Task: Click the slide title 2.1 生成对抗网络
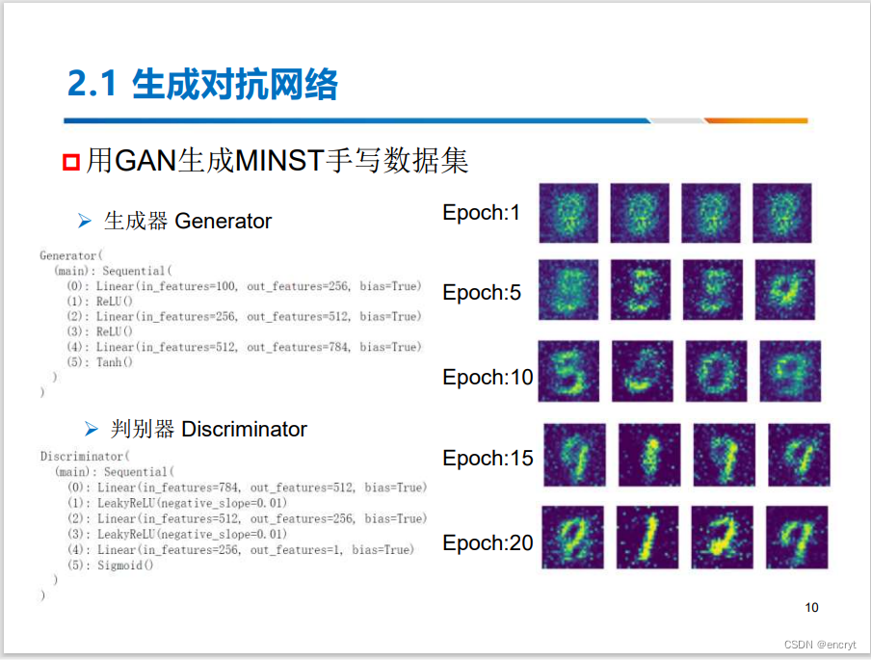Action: tap(202, 85)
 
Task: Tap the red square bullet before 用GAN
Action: tap(70, 161)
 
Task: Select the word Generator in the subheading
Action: tap(223, 222)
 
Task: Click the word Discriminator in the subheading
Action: tap(244, 429)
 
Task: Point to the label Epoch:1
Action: tap(481, 213)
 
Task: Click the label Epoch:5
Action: tap(482, 292)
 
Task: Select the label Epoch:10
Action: tap(488, 377)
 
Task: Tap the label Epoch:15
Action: tap(488, 458)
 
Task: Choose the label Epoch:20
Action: tap(488, 542)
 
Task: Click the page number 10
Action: tap(811, 607)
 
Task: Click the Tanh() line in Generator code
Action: tap(113, 362)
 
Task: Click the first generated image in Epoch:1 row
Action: tap(568, 213)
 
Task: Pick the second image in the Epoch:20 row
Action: tap(647, 537)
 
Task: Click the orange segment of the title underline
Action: tap(755, 121)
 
